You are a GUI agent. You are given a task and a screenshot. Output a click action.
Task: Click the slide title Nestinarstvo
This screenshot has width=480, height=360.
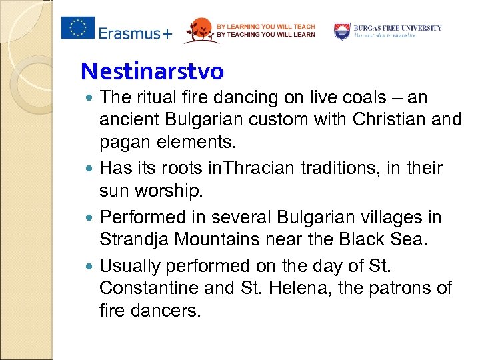152,70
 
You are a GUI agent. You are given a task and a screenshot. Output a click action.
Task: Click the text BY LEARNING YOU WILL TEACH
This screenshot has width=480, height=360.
265,26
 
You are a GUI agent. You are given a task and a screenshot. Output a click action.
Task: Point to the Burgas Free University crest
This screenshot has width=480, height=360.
342,30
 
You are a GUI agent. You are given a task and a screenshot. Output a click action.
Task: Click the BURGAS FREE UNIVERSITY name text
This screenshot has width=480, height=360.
397,28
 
